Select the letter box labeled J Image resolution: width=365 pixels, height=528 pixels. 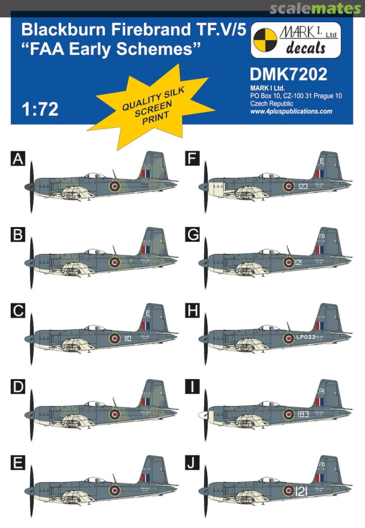(x=192, y=464)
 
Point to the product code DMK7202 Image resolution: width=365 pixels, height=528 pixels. (x=288, y=74)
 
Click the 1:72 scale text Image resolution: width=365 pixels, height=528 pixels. (x=40, y=109)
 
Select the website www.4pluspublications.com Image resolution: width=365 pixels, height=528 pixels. (x=291, y=111)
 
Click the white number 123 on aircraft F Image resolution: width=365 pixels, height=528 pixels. (x=303, y=186)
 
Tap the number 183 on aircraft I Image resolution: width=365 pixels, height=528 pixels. (x=304, y=415)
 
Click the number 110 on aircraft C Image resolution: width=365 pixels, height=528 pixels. (x=129, y=338)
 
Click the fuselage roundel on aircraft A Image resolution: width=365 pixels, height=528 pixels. (x=114, y=186)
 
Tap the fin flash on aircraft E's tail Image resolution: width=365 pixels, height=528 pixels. (x=145, y=478)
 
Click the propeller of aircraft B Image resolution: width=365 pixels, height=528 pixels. (x=31, y=262)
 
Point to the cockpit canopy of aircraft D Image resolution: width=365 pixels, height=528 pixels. (x=94, y=404)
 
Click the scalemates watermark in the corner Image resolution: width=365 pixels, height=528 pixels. (x=321, y=8)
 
